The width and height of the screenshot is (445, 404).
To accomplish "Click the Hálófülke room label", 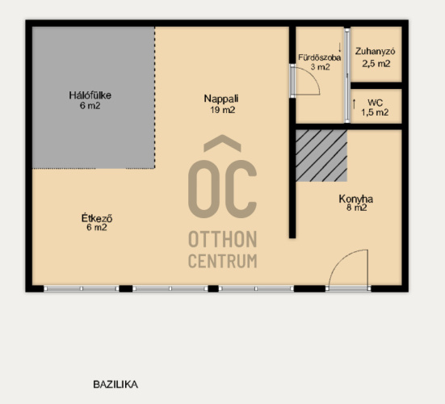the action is [x=90, y=95].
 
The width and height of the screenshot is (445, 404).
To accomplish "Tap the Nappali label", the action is [x=221, y=99].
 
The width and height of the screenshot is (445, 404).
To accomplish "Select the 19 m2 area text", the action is [x=223, y=110].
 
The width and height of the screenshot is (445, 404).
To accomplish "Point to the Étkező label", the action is [x=97, y=218].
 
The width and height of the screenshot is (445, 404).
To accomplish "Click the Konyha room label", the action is [x=356, y=199].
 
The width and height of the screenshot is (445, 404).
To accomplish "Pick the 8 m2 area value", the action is [x=356, y=208].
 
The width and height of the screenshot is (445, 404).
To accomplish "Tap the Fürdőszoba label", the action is [x=319, y=57].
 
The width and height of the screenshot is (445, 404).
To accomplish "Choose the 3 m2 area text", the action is [x=320, y=67].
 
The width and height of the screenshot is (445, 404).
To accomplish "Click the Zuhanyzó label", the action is [x=376, y=52].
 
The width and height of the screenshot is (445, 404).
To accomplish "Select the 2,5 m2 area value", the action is [x=376, y=64].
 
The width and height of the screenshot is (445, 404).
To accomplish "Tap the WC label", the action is [x=376, y=103].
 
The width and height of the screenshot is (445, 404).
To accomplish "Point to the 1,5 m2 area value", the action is [x=375, y=112].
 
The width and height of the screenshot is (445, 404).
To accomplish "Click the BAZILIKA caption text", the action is [x=115, y=385].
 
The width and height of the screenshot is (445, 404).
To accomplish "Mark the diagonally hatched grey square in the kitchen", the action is [x=321, y=156].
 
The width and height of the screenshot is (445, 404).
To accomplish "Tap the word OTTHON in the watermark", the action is [x=223, y=239].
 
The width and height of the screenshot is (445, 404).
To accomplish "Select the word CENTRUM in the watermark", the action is [x=223, y=261].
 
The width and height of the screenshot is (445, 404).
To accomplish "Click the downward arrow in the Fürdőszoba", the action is [x=340, y=47].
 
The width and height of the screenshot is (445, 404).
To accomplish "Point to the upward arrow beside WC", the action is [x=354, y=104].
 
